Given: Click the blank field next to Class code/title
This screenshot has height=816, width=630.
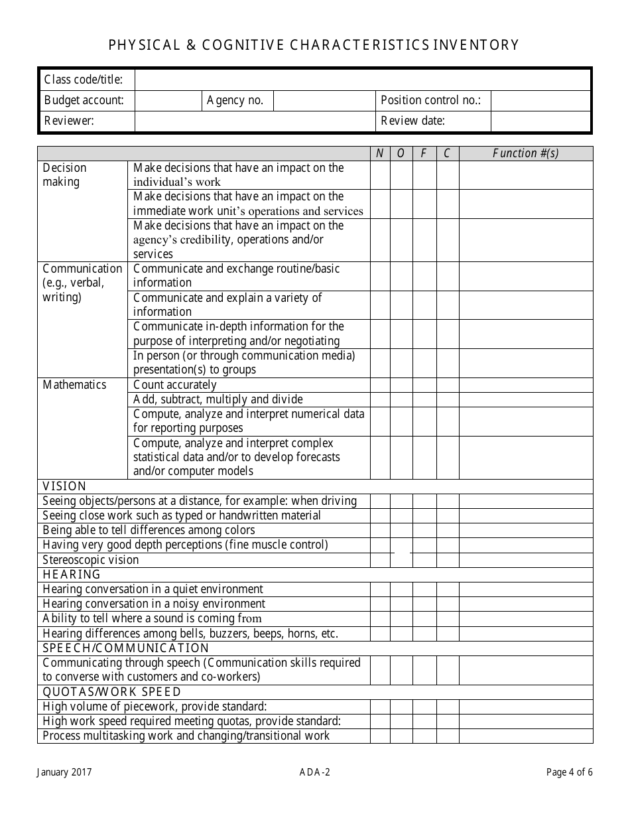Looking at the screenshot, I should click(363, 80).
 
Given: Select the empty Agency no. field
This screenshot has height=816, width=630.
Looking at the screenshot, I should click(324, 101).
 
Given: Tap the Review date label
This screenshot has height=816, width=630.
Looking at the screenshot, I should click(412, 121).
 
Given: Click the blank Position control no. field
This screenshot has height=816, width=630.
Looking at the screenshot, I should click(540, 101).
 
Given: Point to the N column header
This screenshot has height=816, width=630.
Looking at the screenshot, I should click(380, 153).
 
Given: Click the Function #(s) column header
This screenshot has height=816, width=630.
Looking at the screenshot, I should click(526, 153).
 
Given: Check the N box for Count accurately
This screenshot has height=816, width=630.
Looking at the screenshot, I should click(380, 385).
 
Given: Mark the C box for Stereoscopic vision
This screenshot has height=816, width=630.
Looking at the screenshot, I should click(448, 560).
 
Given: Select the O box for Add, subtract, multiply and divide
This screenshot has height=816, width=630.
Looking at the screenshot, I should click(401, 399).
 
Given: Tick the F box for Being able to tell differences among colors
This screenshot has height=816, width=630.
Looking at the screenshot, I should click(424, 530).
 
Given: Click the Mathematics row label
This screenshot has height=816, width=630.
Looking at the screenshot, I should click(74, 385).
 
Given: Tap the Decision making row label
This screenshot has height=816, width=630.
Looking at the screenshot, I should click(65, 175).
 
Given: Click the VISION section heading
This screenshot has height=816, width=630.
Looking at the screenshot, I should click(64, 486).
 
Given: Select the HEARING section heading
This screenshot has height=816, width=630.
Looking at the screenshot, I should click(72, 575).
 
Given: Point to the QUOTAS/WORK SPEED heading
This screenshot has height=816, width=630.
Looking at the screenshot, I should click(111, 692).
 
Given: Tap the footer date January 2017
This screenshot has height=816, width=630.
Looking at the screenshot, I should click(65, 772).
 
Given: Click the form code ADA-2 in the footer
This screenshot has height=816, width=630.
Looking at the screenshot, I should click(314, 772).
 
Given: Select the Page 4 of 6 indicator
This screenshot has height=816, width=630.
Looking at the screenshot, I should click(569, 772).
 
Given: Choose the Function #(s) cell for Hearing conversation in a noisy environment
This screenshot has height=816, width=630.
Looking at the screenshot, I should click(526, 604).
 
